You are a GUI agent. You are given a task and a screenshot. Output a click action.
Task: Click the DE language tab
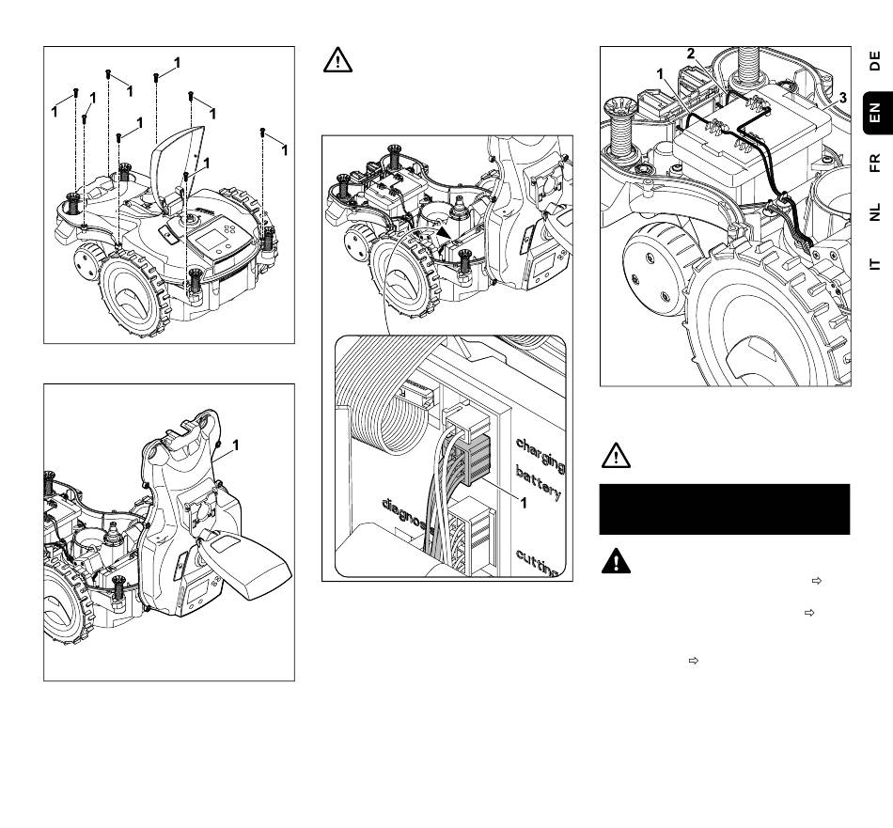click(875, 61)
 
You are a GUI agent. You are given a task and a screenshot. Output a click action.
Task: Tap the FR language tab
click(875, 163)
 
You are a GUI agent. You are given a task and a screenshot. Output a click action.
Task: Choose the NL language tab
click(875, 211)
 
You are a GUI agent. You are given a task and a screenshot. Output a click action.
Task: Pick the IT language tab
click(875, 264)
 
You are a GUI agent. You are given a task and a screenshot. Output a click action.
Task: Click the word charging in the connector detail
click(540, 455)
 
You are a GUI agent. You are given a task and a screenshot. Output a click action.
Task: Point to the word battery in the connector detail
click(539, 482)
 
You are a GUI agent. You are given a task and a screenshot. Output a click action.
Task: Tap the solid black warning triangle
click(616, 561)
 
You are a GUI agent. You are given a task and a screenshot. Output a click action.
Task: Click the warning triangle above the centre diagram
click(337, 60)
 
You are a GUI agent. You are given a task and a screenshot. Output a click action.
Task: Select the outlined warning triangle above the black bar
click(616, 455)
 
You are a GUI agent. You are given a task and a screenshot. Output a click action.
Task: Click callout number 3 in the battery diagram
click(843, 98)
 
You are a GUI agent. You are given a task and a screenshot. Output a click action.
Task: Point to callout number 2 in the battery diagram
click(691, 54)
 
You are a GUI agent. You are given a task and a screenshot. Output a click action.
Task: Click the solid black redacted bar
click(725, 509)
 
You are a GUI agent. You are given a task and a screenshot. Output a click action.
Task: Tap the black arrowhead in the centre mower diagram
click(444, 232)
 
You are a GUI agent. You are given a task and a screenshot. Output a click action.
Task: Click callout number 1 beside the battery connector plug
click(524, 502)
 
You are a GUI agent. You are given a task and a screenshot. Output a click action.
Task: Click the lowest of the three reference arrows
click(694, 661)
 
